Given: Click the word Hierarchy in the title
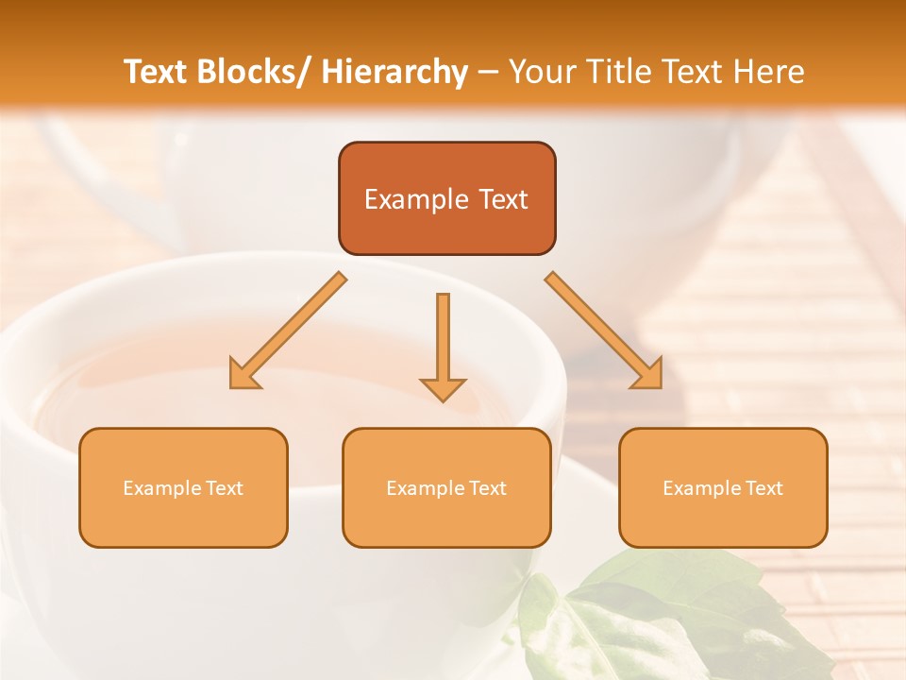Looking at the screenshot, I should pyautogui.click(x=394, y=72).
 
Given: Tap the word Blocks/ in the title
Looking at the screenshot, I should pyautogui.click(x=253, y=72).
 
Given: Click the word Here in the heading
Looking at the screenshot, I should pyautogui.click(x=770, y=72).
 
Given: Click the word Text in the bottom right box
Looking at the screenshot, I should pyautogui.click(x=763, y=488).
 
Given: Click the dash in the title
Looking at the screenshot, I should pyautogui.click(x=488, y=72).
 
